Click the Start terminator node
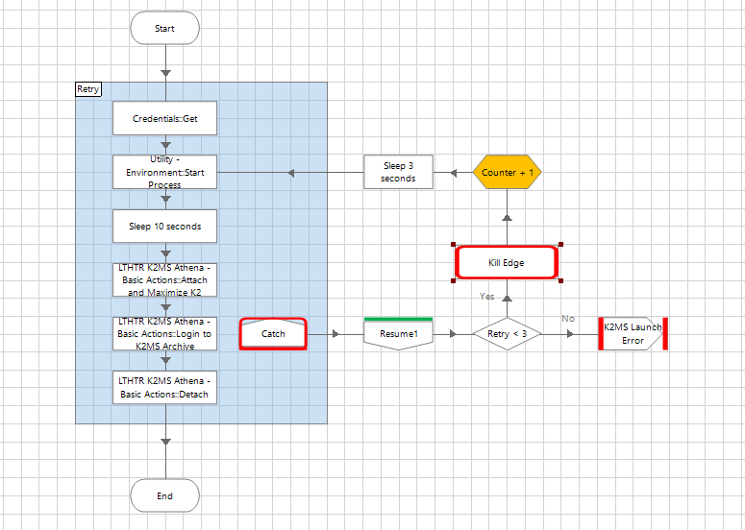click(164, 29)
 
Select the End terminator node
click(164, 495)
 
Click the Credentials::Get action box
click(164, 119)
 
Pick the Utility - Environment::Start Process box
click(164, 172)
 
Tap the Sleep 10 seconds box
click(164, 227)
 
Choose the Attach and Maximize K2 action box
click(164, 279)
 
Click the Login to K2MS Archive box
click(164, 333)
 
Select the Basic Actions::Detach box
click(164, 388)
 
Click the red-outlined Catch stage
click(273, 334)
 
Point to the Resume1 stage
click(398, 333)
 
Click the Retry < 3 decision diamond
click(508, 334)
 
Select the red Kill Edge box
click(507, 262)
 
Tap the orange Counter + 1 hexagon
click(507, 172)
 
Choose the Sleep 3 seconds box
click(398, 172)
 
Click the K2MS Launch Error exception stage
click(632, 334)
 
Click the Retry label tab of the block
click(88, 89)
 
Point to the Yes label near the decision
click(486, 297)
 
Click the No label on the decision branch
click(567, 319)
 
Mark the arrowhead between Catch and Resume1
click(335, 334)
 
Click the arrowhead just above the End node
click(165, 442)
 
